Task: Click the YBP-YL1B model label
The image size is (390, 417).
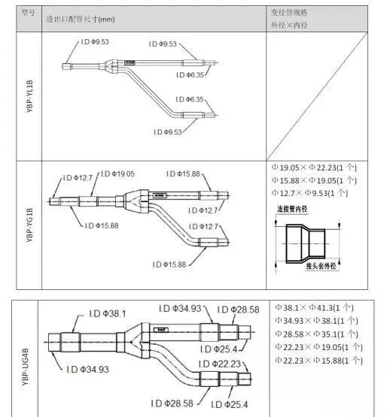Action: tap(29, 96)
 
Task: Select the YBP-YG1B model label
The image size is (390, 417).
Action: tap(29, 225)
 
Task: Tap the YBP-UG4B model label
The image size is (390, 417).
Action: tap(25, 367)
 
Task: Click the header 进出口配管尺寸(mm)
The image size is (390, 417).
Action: tap(81, 20)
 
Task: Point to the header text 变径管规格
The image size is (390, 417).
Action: tap(289, 13)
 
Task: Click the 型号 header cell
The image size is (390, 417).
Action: tap(28, 12)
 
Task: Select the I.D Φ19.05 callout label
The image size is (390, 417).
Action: tap(117, 174)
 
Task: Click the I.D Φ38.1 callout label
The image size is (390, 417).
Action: tap(108, 314)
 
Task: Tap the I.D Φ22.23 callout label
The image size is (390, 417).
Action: tap(220, 364)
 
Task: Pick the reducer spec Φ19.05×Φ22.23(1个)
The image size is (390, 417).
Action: tap(314, 168)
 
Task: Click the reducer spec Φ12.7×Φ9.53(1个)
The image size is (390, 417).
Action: tap(309, 193)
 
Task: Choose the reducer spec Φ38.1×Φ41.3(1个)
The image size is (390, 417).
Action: tap(314, 308)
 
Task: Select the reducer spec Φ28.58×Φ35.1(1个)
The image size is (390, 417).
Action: tap(316, 334)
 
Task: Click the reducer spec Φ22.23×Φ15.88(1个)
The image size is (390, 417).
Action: tap(318, 361)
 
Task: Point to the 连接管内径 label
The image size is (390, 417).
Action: tap(292, 209)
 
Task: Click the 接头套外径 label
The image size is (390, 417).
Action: tap(321, 266)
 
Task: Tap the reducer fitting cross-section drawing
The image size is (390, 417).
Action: tap(306, 243)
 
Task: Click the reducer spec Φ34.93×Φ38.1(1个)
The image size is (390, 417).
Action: tap(316, 321)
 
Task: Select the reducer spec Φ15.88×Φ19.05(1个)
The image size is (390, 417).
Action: tap(314, 180)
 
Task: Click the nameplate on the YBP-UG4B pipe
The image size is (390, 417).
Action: tap(161, 330)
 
